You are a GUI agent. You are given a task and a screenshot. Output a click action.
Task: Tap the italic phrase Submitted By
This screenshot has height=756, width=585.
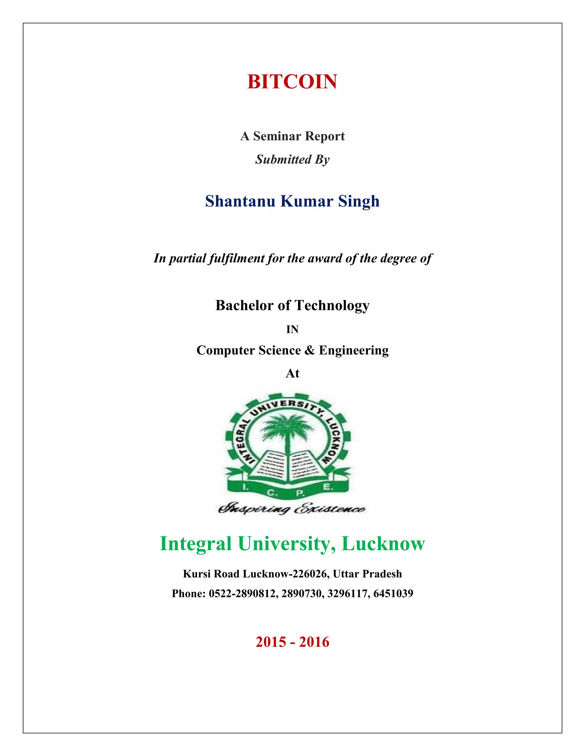pos(292,159)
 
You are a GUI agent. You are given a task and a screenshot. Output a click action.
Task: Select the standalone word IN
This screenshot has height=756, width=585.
pos(292,330)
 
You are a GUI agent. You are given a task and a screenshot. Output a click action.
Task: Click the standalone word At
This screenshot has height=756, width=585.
pos(292,373)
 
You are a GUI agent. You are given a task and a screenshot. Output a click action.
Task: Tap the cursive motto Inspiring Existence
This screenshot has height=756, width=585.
pos(291,509)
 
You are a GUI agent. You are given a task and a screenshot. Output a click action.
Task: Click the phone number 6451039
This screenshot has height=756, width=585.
pos(393,594)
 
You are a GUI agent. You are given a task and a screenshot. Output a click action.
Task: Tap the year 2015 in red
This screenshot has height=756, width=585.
pos(271,642)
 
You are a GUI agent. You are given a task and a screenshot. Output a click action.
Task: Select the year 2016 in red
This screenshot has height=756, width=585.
pos(314,642)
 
